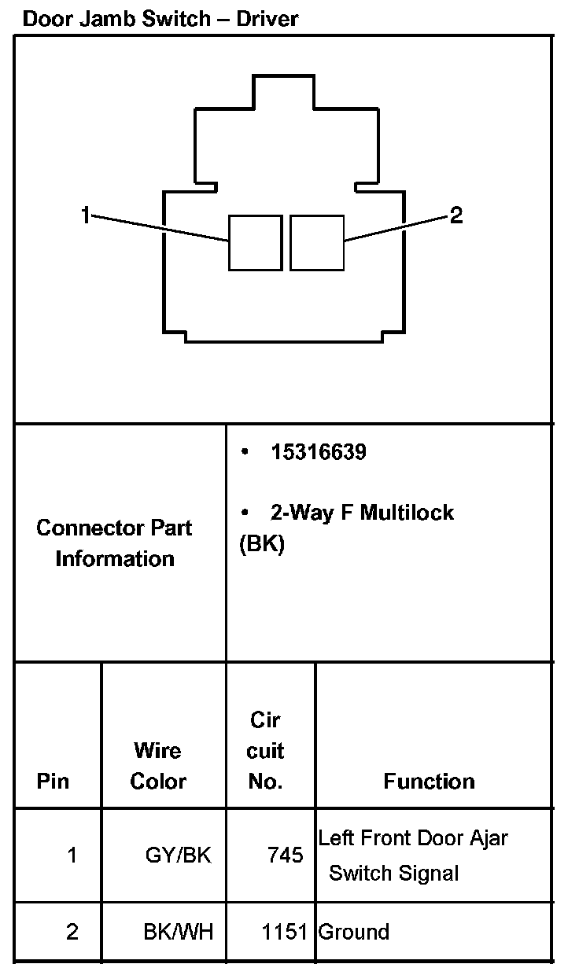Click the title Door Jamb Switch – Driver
(160, 18)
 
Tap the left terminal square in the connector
(255, 242)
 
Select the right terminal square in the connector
(317, 242)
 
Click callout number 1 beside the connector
(86, 215)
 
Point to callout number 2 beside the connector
(456, 215)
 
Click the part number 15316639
(319, 453)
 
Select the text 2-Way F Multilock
(362, 513)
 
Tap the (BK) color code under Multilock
(261, 545)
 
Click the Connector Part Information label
(115, 543)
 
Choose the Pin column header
(53, 781)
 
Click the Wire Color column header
(158, 765)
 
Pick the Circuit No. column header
(265, 750)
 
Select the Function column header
(430, 781)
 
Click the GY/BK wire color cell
(179, 855)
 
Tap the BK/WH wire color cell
(179, 932)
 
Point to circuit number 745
(285, 855)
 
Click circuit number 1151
(285, 932)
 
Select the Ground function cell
(354, 932)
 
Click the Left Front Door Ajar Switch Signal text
(412, 855)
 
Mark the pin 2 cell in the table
(72, 932)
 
